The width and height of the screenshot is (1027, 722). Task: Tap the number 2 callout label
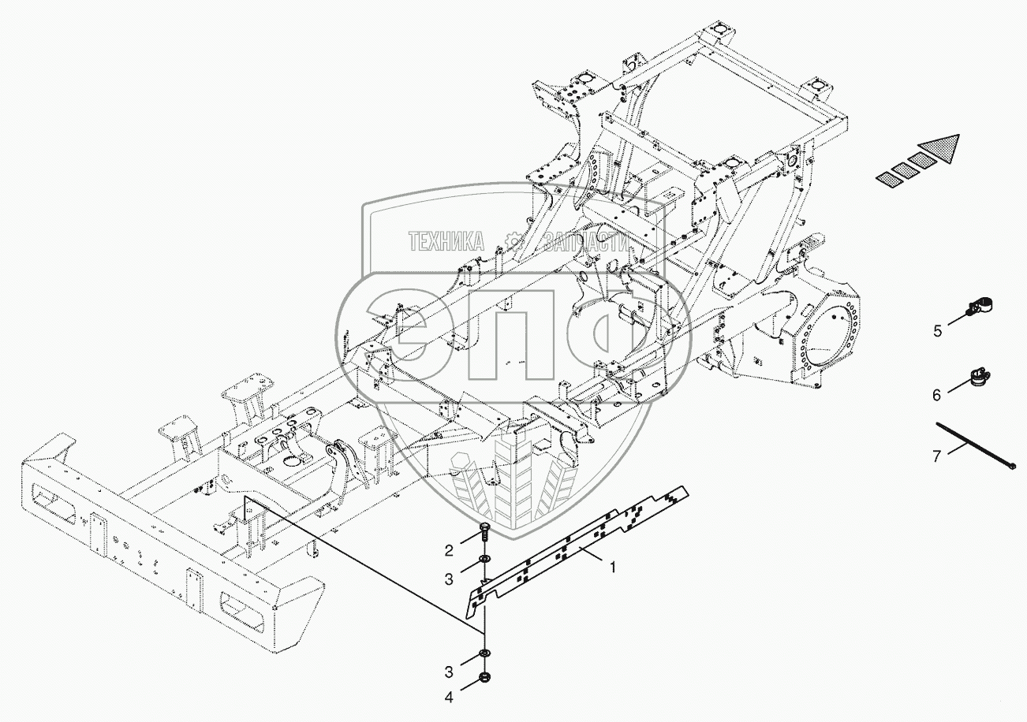point(448,550)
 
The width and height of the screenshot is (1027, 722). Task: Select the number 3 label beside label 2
point(448,579)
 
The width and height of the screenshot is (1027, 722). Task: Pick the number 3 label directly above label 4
point(448,672)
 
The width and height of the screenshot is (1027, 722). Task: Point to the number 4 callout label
point(448,697)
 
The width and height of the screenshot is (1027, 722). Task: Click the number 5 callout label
point(937,331)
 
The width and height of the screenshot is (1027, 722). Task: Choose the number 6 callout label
point(937,395)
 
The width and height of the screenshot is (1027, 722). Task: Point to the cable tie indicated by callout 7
point(975,446)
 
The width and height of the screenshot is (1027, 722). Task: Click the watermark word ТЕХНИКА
point(446,242)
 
